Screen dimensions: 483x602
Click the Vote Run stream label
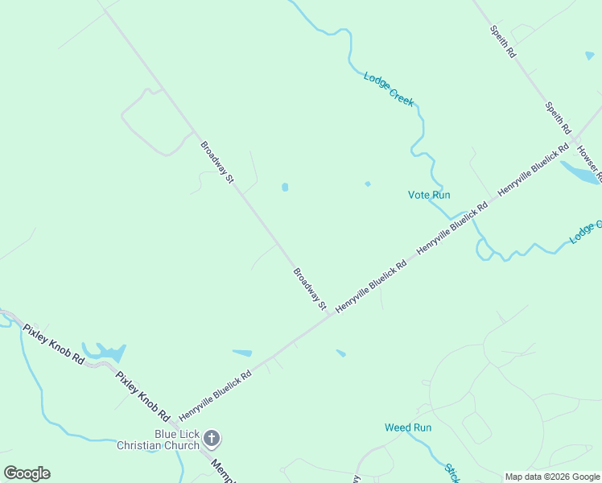pyautogui.click(x=429, y=195)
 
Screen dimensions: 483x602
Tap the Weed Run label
pyautogui.click(x=408, y=427)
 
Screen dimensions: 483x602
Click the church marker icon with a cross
pyautogui.click(x=212, y=439)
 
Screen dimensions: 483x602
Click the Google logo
pyautogui.click(x=27, y=473)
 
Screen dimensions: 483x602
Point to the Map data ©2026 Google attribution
pyautogui.click(x=552, y=477)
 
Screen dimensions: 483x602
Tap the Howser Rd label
pyautogui.click(x=589, y=166)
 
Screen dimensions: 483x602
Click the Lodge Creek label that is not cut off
pyautogui.click(x=389, y=89)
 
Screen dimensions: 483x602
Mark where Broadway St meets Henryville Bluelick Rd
pyautogui.click(x=329, y=315)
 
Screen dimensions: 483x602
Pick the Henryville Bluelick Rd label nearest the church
pyautogui.click(x=215, y=395)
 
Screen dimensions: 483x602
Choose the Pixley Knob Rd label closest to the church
pyautogui.click(x=142, y=397)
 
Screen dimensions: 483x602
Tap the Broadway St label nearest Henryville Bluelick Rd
pyautogui.click(x=310, y=289)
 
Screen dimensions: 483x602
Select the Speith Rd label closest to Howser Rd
pyautogui.click(x=557, y=118)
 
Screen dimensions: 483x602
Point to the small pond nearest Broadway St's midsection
pyautogui.click(x=285, y=188)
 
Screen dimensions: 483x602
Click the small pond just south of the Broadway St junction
pyautogui.click(x=341, y=353)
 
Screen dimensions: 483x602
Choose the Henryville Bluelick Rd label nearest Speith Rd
pyautogui.click(x=534, y=170)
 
